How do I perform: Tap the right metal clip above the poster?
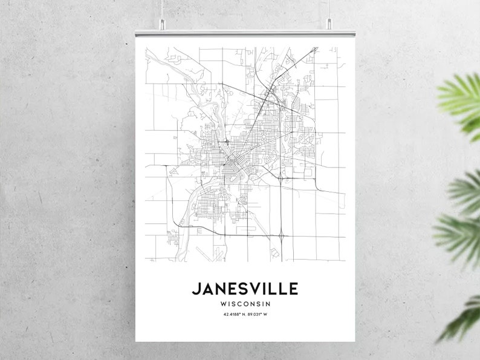[329, 24]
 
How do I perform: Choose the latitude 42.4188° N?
[230, 315]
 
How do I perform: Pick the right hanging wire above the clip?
[329, 9]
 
